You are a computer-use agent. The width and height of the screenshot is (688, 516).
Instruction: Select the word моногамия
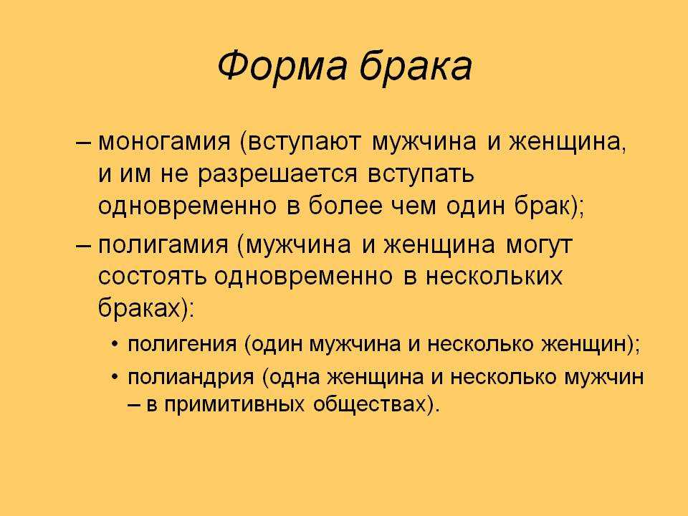pyautogui.click(x=164, y=142)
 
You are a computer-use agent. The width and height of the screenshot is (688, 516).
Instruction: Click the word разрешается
pyautogui.click(x=278, y=175)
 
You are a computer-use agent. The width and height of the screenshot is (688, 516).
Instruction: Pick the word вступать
pyautogui.click(x=421, y=175)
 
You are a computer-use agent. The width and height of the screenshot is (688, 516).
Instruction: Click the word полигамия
pyautogui.click(x=163, y=245)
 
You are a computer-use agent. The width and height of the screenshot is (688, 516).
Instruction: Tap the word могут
pyautogui.click(x=539, y=245)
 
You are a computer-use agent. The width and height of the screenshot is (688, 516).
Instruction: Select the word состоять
pyautogui.click(x=152, y=276)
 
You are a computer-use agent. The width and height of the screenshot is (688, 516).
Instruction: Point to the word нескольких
pyautogui.click(x=494, y=276)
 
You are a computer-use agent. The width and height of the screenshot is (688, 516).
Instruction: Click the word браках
pyautogui.click(x=140, y=307)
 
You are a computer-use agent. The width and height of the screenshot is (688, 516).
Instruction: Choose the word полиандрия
pyautogui.click(x=191, y=378)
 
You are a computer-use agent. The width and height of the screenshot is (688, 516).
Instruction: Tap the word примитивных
pyautogui.click(x=234, y=404)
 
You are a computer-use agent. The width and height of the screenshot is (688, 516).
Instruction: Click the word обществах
pyautogui.click(x=370, y=403)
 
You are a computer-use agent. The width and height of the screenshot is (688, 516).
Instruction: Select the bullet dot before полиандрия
pyautogui.click(x=115, y=378)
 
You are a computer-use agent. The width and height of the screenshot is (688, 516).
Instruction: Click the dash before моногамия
pyautogui.click(x=83, y=144)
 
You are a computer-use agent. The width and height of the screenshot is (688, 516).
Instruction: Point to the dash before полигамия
pyautogui.click(x=83, y=246)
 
